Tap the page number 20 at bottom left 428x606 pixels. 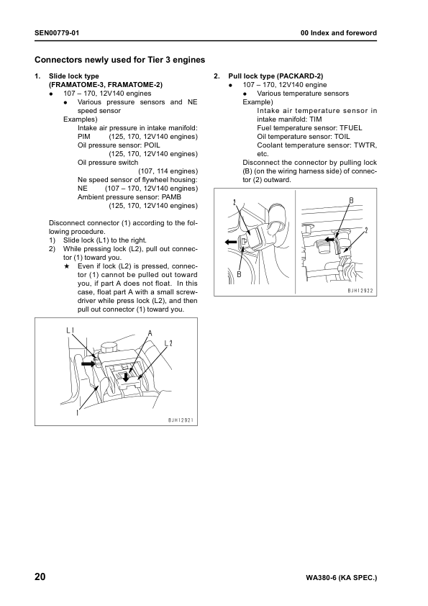[x=42, y=577]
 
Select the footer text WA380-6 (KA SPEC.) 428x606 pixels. [x=341, y=578]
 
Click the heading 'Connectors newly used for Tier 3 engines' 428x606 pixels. [x=120, y=60]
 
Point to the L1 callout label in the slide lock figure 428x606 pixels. [x=70, y=330]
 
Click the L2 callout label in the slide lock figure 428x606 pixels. [x=168, y=343]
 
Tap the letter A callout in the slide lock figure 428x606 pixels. [x=150, y=333]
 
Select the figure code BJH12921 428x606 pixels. [x=181, y=420]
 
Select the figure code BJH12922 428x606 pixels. [x=360, y=291]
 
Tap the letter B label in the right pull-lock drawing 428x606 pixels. [x=351, y=199]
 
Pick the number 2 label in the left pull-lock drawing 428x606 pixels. [x=235, y=202]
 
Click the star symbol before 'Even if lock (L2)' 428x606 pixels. [x=66, y=266]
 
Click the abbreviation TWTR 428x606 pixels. [x=364, y=145]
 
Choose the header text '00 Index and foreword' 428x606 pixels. [x=338, y=34]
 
